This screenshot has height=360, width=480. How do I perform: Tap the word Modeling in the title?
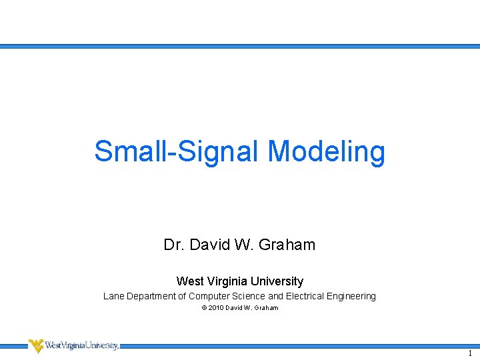[327, 151]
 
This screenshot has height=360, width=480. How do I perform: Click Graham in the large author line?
[286, 245]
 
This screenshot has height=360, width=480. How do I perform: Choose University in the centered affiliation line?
[277, 281]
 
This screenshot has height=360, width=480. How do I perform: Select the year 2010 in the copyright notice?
[215, 308]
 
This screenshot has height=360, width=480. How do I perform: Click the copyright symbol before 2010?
[203, 308]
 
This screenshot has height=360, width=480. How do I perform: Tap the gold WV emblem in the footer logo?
[36, 345]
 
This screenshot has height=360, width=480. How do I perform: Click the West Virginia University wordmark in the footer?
[81, 345]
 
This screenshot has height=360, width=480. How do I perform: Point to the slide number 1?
[469, 353]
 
